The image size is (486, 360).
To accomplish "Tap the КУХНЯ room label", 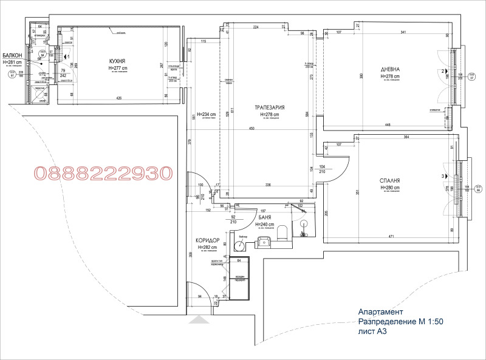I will coord(117,62).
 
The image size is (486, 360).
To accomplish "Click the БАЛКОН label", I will coord(12,55).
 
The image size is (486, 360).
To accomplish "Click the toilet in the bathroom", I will coord(282,234).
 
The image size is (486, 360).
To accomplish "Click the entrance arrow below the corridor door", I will coord(198,319).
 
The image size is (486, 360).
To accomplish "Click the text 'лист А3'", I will coord(372,332).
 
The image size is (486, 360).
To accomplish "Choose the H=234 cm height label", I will coord(203,114).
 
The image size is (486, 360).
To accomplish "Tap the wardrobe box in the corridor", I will coord(239,277).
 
